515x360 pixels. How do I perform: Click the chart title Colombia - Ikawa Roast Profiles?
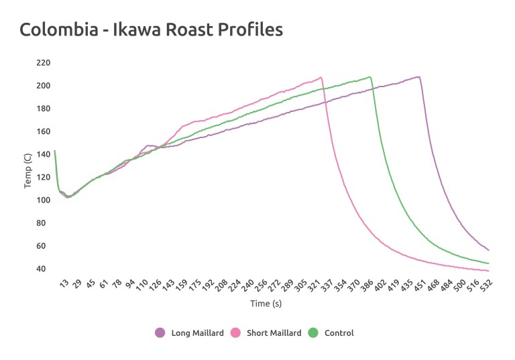tap(151, 29)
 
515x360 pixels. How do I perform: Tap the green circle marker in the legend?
tap(312, 333)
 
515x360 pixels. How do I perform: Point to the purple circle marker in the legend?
tap(160, 333)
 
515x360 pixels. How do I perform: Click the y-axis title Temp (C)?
tap(27, 170)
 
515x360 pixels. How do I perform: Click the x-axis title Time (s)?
tap(266, 304)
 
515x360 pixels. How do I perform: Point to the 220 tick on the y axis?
tap(43, 63)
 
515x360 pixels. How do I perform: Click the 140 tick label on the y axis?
tap(43, 154)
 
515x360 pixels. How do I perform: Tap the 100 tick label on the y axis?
tap(43, 200)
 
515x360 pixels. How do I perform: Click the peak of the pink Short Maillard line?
tap(321, 77)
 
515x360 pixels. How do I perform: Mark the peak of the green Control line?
tap(370, 76)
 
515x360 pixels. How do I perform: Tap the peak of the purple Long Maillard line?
tap(419, 76)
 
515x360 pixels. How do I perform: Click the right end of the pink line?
tap(488, 271)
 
